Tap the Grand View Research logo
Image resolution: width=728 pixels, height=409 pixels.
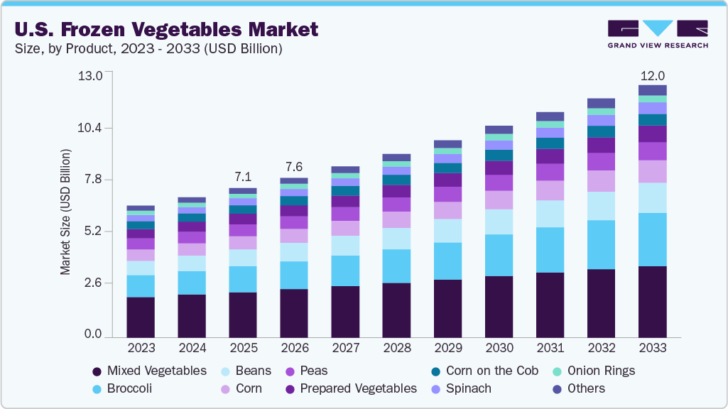point(658,34)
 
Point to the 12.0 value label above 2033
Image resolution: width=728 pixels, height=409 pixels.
point(652,76)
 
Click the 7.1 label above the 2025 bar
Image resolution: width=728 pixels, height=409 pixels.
point(243,177)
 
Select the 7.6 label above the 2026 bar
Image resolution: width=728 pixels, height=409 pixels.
point(294,167)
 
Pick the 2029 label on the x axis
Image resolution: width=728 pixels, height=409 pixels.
point(447,348)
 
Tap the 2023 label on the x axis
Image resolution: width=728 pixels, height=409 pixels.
point(141,348)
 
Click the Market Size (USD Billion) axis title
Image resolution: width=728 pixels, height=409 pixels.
point(65,212)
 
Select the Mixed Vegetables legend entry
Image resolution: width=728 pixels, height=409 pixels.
point(149,371)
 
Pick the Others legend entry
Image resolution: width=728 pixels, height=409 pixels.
point(579,388)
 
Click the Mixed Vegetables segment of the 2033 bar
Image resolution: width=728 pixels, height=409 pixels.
point(652,301)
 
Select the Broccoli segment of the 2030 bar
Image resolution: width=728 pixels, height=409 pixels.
point(499,255)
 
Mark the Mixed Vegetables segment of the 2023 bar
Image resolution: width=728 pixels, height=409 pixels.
point(141,317)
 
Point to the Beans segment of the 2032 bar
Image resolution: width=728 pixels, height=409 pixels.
point(601,206)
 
